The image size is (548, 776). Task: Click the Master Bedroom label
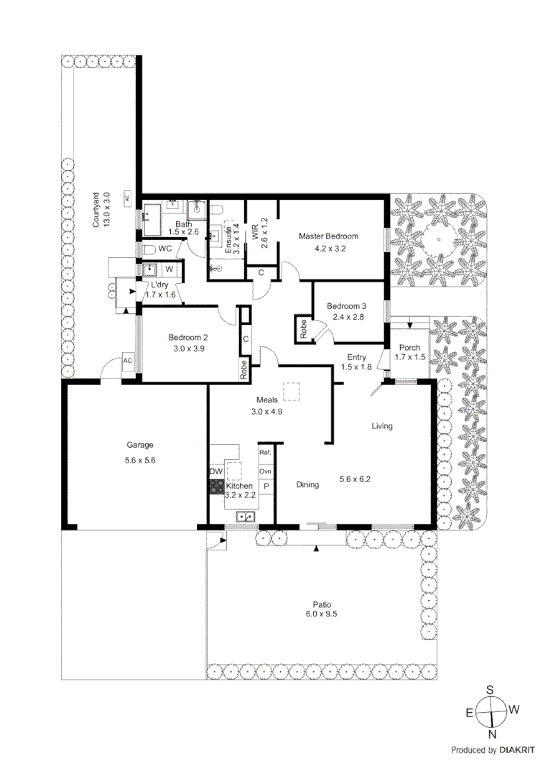tap(328, 236)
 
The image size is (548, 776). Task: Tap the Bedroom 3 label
tap(347, 306)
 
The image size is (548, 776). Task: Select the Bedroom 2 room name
tap(188, 338)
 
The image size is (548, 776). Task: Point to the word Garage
tap(141, 445)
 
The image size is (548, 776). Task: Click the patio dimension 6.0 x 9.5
tap(321, 614)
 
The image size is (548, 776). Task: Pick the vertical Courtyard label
tap(96, 211)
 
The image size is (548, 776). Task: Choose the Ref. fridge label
tap(265, 453)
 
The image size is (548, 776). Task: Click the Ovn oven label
tap(265, 471)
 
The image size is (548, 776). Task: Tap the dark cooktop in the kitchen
tap(216, 486)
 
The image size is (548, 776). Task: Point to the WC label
tap(165, 249)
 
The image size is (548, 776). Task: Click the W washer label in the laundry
tap(169, 269)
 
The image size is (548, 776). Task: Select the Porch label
tap(409, 348)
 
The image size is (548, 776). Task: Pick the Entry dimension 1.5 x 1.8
tap(356, 367)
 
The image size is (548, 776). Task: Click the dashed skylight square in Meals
tap(292, 392)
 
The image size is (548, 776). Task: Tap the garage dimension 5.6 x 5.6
tap(141, 461)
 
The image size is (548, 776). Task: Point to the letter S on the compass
tap(491, 689)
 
